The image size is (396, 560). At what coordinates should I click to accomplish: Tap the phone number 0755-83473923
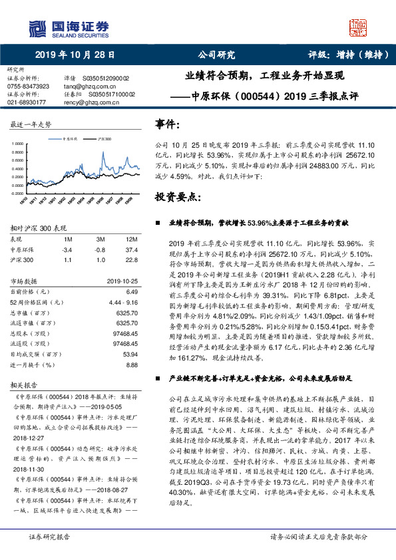(28, 86)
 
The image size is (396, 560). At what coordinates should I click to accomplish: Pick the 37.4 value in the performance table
(132, 249)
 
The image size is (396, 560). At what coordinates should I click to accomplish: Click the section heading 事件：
(167, 124)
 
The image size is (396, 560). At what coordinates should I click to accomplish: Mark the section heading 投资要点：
(176, 198)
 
